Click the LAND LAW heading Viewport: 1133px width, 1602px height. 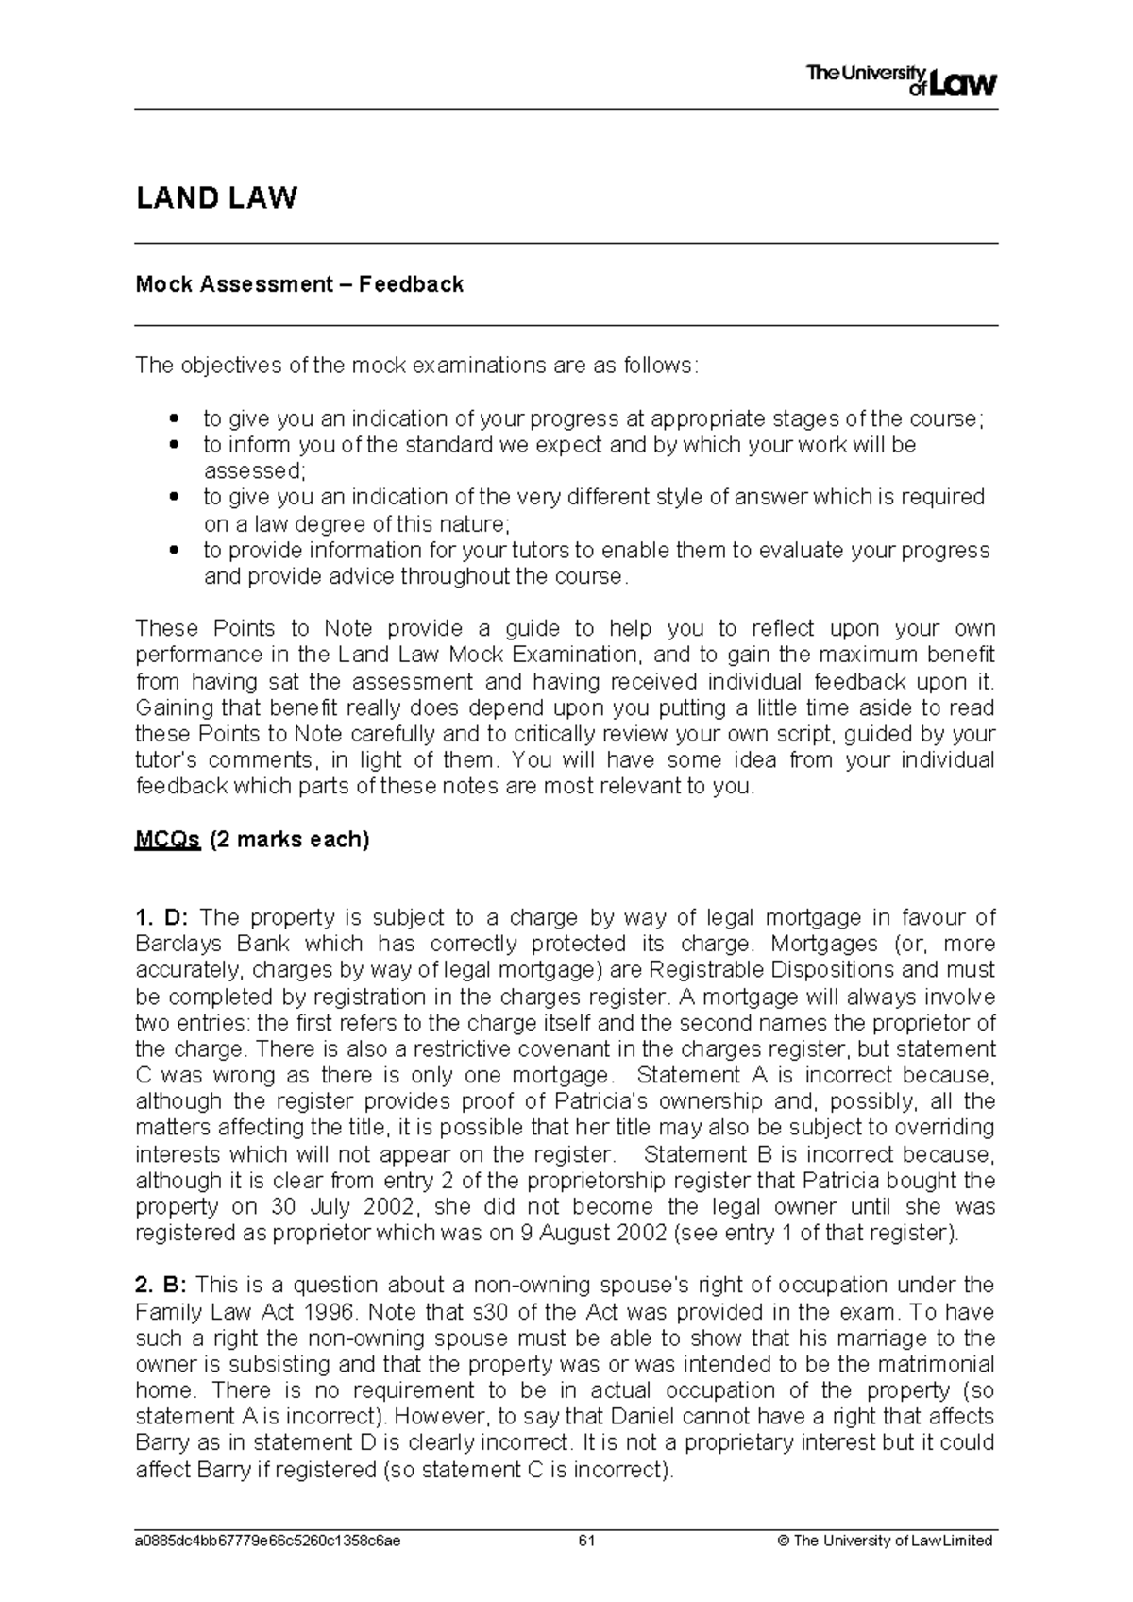216,198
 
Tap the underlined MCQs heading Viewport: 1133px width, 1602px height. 167,840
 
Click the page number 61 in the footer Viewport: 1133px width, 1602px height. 586,1541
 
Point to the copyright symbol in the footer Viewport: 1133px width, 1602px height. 781,1541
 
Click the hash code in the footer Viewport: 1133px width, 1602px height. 267,1541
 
